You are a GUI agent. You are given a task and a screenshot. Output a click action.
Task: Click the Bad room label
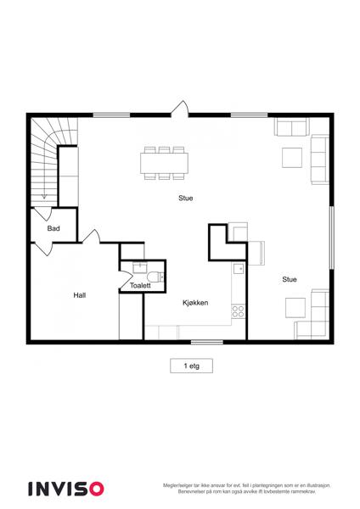point(53,228)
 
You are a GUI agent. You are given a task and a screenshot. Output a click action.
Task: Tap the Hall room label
point(80,295)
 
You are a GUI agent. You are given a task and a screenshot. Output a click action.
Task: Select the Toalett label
point(140,286)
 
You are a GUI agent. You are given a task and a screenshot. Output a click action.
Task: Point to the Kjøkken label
point(195,303)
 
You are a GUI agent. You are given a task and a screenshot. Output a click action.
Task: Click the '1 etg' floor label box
point(191,366)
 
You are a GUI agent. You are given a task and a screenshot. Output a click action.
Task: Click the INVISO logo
point(66,489)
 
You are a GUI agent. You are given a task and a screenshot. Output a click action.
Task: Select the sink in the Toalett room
point(140,268)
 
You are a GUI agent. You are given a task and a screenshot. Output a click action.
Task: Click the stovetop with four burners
point(238,311)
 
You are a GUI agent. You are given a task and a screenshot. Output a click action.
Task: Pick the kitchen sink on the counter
point(239,269)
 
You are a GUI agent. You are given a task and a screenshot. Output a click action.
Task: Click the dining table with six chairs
point(165,163)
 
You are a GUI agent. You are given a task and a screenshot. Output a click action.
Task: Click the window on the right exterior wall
point(331,238)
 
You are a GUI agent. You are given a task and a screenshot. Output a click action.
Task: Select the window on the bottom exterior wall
point(207,342)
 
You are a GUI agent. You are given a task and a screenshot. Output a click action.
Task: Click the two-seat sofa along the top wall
point(292,127)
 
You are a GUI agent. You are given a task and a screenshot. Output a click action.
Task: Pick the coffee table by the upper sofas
point(292,158)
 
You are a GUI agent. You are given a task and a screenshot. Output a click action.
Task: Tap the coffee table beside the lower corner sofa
point(295,308)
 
